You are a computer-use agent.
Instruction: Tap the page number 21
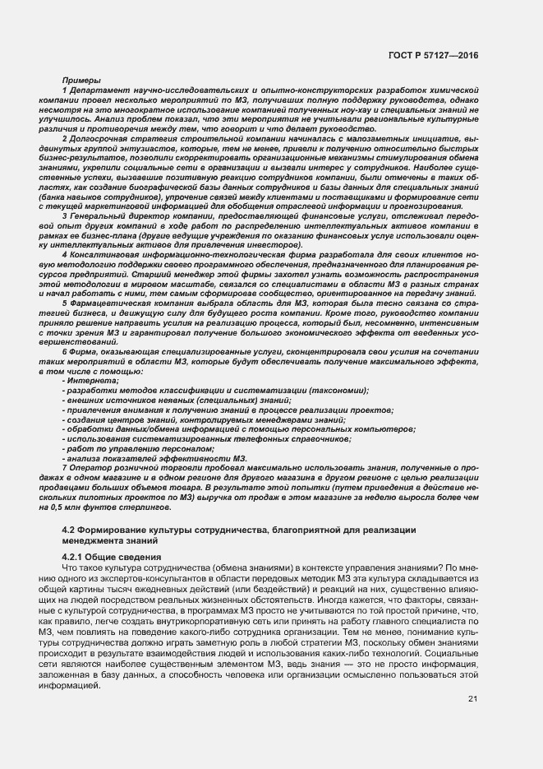click(x=472, y=698)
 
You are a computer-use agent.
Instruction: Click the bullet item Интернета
click(x=92, y=380)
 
